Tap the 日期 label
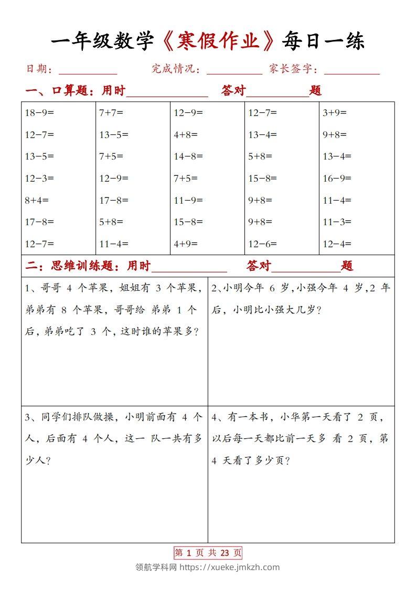(36, 69)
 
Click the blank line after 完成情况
(234, 71)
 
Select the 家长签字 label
(289, 69)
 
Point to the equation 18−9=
(39, 112)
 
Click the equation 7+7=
(111, 112)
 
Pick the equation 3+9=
(335, 112)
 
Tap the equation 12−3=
(39, 178)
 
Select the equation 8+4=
(36, 200)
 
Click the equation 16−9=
(337, 178)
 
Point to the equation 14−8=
(188, 156)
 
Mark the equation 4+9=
(186, 244)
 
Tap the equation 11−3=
(337, 222)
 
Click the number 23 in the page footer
(225, 552)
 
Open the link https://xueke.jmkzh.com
(229, 567)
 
